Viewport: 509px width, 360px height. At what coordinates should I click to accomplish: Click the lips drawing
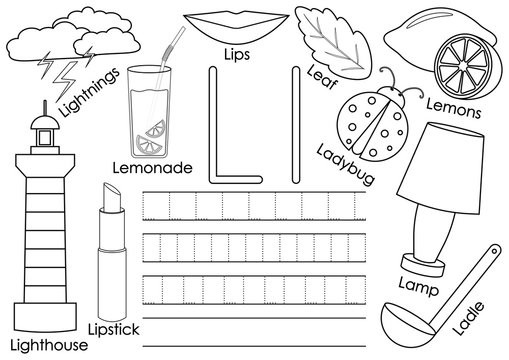236,21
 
